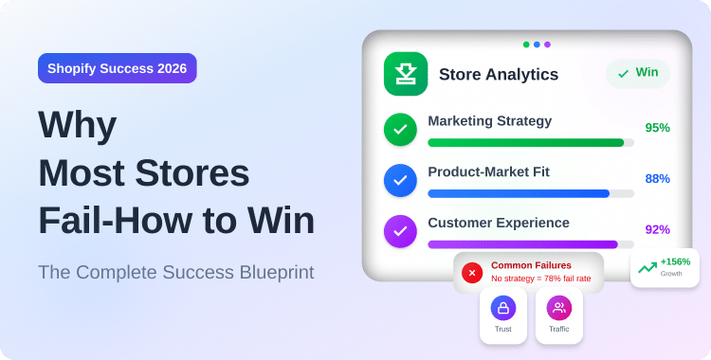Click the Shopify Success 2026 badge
118,69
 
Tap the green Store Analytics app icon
405,74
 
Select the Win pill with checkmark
637,73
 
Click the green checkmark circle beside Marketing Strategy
400,128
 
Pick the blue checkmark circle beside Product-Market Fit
400,179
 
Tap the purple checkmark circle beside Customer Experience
400,230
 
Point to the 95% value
657,128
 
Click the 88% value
657,179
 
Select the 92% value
657,230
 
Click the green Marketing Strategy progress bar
525,142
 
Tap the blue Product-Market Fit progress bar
519,193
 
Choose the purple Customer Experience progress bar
522,244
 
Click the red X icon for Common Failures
471,272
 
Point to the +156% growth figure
675,261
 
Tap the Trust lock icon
502,308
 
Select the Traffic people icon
558,308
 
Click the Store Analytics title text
499,74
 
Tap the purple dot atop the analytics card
547,44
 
